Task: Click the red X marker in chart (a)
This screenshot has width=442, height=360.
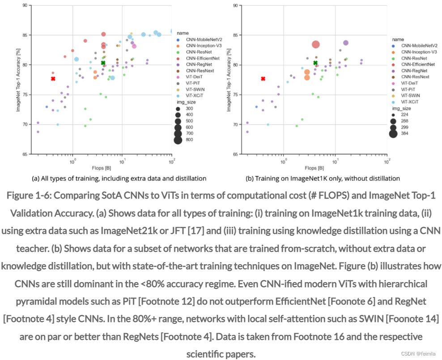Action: point(53,79)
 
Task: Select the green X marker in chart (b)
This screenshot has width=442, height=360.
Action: point(315,63)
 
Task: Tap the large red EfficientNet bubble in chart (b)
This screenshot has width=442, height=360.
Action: point(315,44)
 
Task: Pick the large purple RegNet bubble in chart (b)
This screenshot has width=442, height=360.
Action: point(346,43)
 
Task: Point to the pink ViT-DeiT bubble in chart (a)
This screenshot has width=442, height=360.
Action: point(134,46)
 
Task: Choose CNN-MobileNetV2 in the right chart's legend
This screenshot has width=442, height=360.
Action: point(419,46)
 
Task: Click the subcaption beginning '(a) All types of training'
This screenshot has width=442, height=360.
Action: point(119,178)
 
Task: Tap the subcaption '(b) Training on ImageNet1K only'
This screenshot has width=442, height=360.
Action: point(323,178)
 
